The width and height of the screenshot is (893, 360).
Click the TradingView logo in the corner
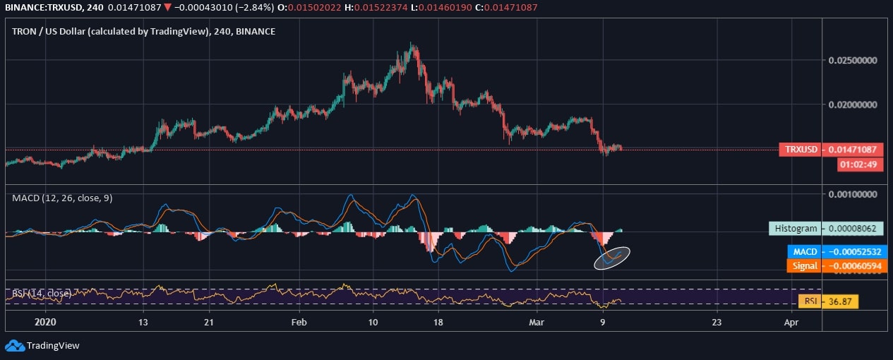(x=42, y=345)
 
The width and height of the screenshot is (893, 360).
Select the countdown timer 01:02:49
(x=860, y=164)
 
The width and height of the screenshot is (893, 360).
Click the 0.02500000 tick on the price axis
(x=852, y=61)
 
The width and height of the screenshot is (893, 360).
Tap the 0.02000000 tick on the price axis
(x=852, y=104)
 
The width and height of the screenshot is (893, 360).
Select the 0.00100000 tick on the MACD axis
(x=852, y=194)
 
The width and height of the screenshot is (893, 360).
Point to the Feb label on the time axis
(x=299, y=321)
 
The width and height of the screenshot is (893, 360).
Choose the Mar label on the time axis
(x=537, y=321)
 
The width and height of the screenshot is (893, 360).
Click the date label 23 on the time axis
(x=717, y=321)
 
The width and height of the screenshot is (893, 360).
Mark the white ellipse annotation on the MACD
(x=612, y=258)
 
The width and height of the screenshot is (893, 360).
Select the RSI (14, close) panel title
(x=42, y=292)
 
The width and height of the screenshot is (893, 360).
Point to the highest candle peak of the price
(x=412, y=45)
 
